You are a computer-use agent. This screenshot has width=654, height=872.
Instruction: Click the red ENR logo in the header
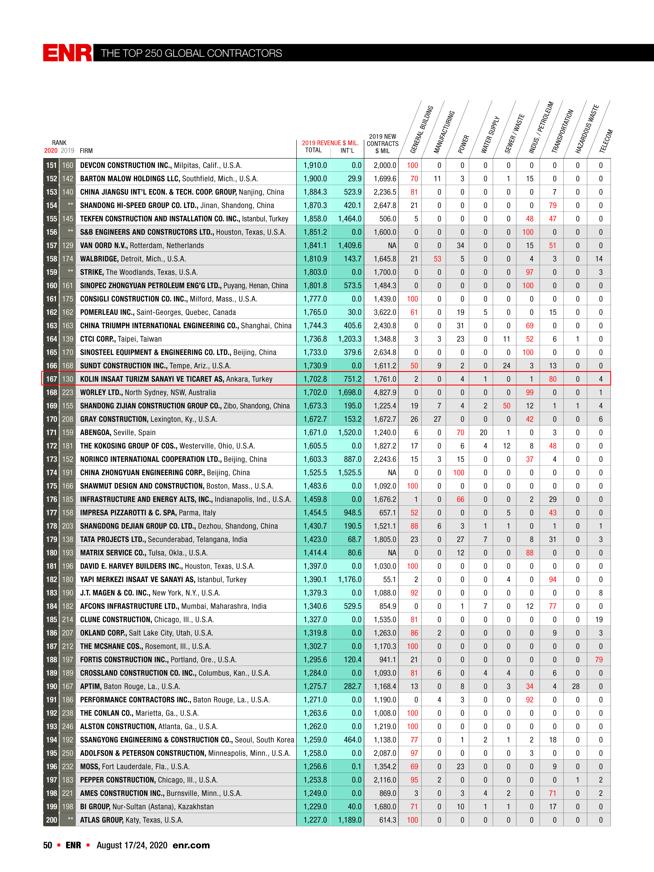[x=67, y=53]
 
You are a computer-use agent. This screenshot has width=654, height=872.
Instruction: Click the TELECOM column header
[x=606, y=141]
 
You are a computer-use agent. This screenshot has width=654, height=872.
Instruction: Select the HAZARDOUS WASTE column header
[x=587, y=129]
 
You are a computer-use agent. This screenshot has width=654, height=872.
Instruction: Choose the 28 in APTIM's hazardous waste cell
[x=576, y=686]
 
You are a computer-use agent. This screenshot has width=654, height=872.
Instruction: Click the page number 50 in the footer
[x=47, y=845]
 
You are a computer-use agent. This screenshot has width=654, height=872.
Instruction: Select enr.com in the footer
[x=191, y=845]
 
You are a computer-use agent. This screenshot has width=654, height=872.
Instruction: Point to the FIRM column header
[x=86, y=151]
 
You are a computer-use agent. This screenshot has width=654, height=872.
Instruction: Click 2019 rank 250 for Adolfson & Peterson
[x=67, y=753]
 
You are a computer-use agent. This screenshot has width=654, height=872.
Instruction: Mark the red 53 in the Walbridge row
[x=437, y=259]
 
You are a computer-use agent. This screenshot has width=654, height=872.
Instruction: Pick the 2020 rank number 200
[x=51, y=820]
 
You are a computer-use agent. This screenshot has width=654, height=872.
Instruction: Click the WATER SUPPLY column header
[x=490, y=135]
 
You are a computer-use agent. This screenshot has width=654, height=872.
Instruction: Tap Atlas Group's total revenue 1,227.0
[x=315, y=820]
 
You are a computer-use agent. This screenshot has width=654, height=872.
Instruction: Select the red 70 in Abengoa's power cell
[x=460, y=433]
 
